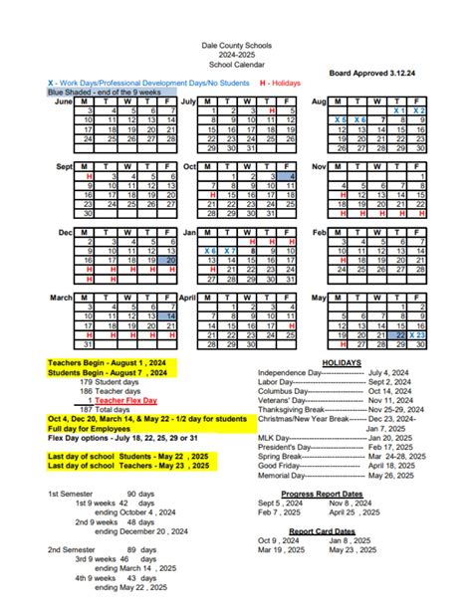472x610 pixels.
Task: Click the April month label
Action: click(x=187, y=297)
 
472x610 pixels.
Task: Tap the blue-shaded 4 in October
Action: click(x=292, y=175)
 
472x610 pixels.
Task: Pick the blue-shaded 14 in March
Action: click(x=171, y=315)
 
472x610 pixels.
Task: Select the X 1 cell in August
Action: click(x=398, y=110)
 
